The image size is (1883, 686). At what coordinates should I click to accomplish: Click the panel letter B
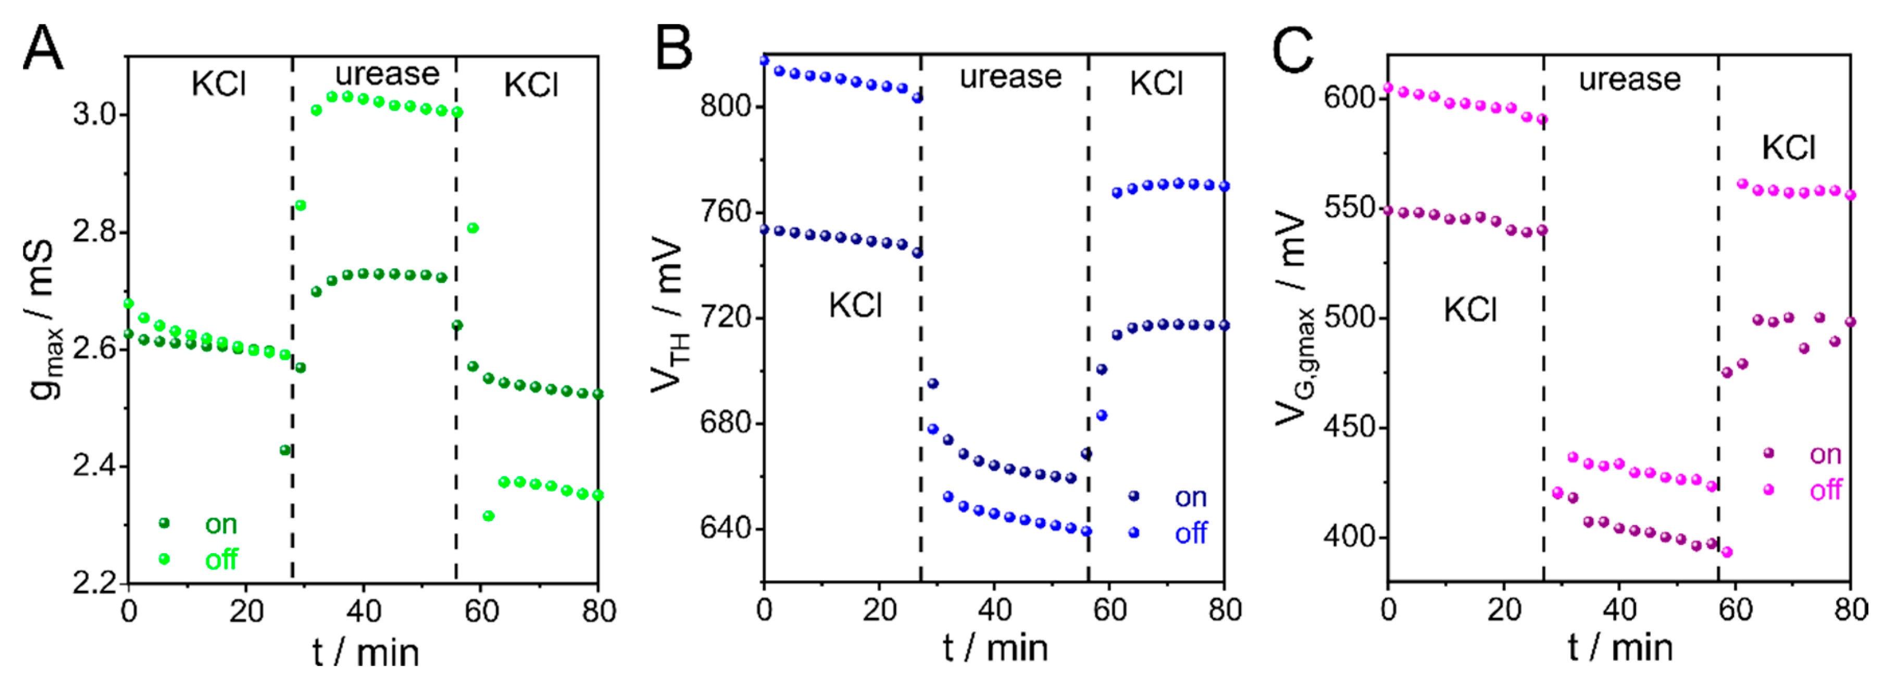click(673, 47)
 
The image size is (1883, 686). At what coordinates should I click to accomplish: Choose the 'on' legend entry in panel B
click(1190, 497)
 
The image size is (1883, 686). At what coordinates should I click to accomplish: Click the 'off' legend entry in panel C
click(1825, 490)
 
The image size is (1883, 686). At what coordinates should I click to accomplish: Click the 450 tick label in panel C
click(1350, 427)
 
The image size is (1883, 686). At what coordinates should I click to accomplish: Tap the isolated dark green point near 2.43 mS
click(285, 450)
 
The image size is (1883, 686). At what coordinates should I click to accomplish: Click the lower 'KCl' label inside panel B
click(855, 305)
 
